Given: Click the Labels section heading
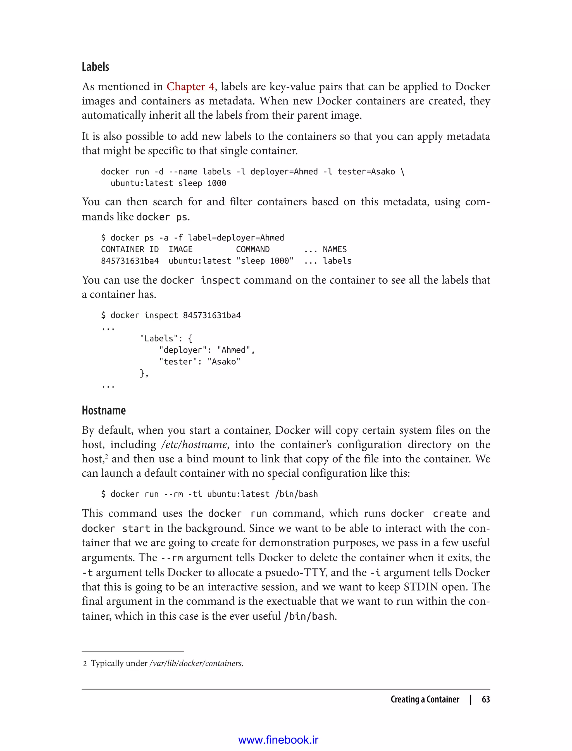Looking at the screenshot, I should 95,67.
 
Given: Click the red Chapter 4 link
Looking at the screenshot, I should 190,87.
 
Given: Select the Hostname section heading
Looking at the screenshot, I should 104,410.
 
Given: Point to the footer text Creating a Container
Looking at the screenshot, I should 425,699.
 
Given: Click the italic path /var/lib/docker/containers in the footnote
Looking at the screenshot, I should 196,663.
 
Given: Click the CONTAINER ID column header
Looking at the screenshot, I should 130,249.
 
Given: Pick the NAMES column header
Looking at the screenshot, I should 334,249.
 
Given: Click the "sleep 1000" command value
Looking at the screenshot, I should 264,261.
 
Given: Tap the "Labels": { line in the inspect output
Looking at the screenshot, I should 166,338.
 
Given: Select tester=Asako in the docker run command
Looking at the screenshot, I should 366,172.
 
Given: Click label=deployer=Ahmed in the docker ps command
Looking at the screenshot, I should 236,238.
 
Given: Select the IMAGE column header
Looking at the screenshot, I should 180,249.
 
